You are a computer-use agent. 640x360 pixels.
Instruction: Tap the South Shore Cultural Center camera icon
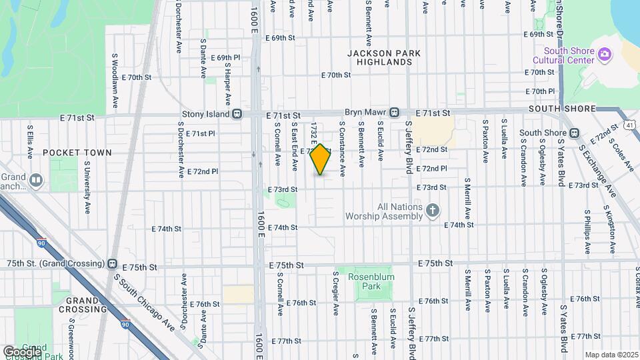point(605,55)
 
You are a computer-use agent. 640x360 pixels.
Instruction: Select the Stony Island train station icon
point(237,114)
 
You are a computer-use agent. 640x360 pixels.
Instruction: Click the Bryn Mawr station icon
point(395,112)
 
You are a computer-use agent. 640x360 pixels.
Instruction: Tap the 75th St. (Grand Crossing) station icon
point(112,264)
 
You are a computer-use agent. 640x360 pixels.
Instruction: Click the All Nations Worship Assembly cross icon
point(433,211)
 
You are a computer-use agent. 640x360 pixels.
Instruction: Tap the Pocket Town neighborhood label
point(77,153)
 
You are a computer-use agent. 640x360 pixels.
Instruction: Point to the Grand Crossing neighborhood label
point(83,304)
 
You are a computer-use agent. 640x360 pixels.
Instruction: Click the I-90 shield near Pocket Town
point(42,244)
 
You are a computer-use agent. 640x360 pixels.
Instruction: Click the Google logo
point(21,351)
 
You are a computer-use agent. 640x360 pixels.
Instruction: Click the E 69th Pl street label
point(225,58)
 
